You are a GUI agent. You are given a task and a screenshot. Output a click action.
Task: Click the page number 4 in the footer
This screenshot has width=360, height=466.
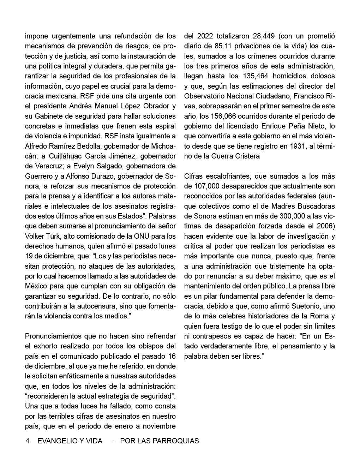coord(27,441)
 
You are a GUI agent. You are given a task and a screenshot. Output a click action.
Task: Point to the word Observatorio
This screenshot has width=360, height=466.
coord(206,96)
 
